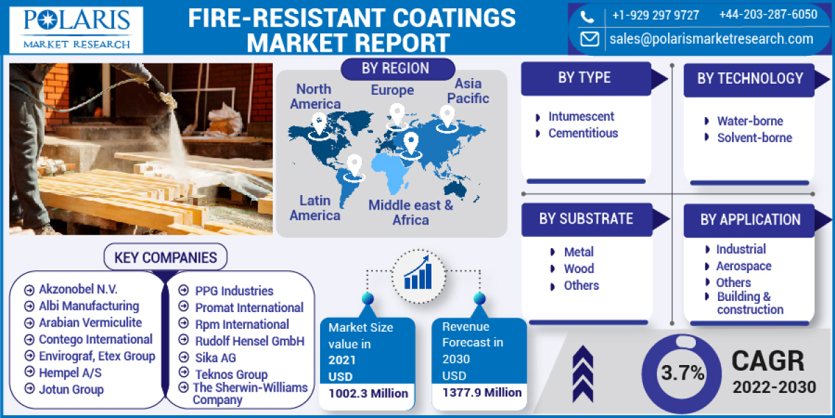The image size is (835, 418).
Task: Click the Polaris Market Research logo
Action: click(x=77, y=29)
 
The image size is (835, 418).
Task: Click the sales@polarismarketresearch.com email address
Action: click(x=711, y=39)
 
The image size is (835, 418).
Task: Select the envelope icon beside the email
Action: click(x=589, y=39)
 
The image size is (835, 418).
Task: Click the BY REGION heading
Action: click(x=395, y=68)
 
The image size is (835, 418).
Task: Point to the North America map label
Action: click(x=315, y=97)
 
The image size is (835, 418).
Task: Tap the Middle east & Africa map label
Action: click(x=411, y=212)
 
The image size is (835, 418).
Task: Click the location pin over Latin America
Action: click(x=354, y=166)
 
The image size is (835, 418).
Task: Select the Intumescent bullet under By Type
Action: click(x=581, y=116)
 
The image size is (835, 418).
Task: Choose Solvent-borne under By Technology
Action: click(x=754, y=137)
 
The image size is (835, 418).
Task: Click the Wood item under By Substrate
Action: click(x=579, y=268)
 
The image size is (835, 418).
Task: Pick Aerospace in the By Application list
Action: click(x=743, y=265)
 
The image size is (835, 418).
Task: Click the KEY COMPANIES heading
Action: click(x=166, y=257)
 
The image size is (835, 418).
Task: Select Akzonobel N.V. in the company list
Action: click(x=78, y=290)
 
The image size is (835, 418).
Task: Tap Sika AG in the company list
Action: click(x=216, y=357)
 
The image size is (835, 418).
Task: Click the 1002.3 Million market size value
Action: click(x=368, y=394)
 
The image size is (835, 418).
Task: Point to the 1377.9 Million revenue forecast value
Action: click(x=482, y=393)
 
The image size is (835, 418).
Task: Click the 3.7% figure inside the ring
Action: click(x=683, y=373)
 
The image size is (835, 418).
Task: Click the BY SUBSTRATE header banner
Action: click(x=586, y=219)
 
